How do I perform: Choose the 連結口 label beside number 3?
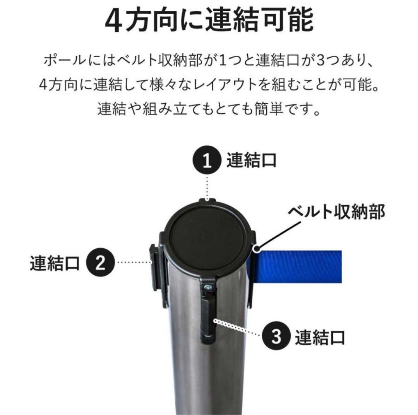pos(319,337)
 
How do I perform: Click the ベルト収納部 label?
pos(336,212)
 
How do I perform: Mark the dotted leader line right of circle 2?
pos(134,263)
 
